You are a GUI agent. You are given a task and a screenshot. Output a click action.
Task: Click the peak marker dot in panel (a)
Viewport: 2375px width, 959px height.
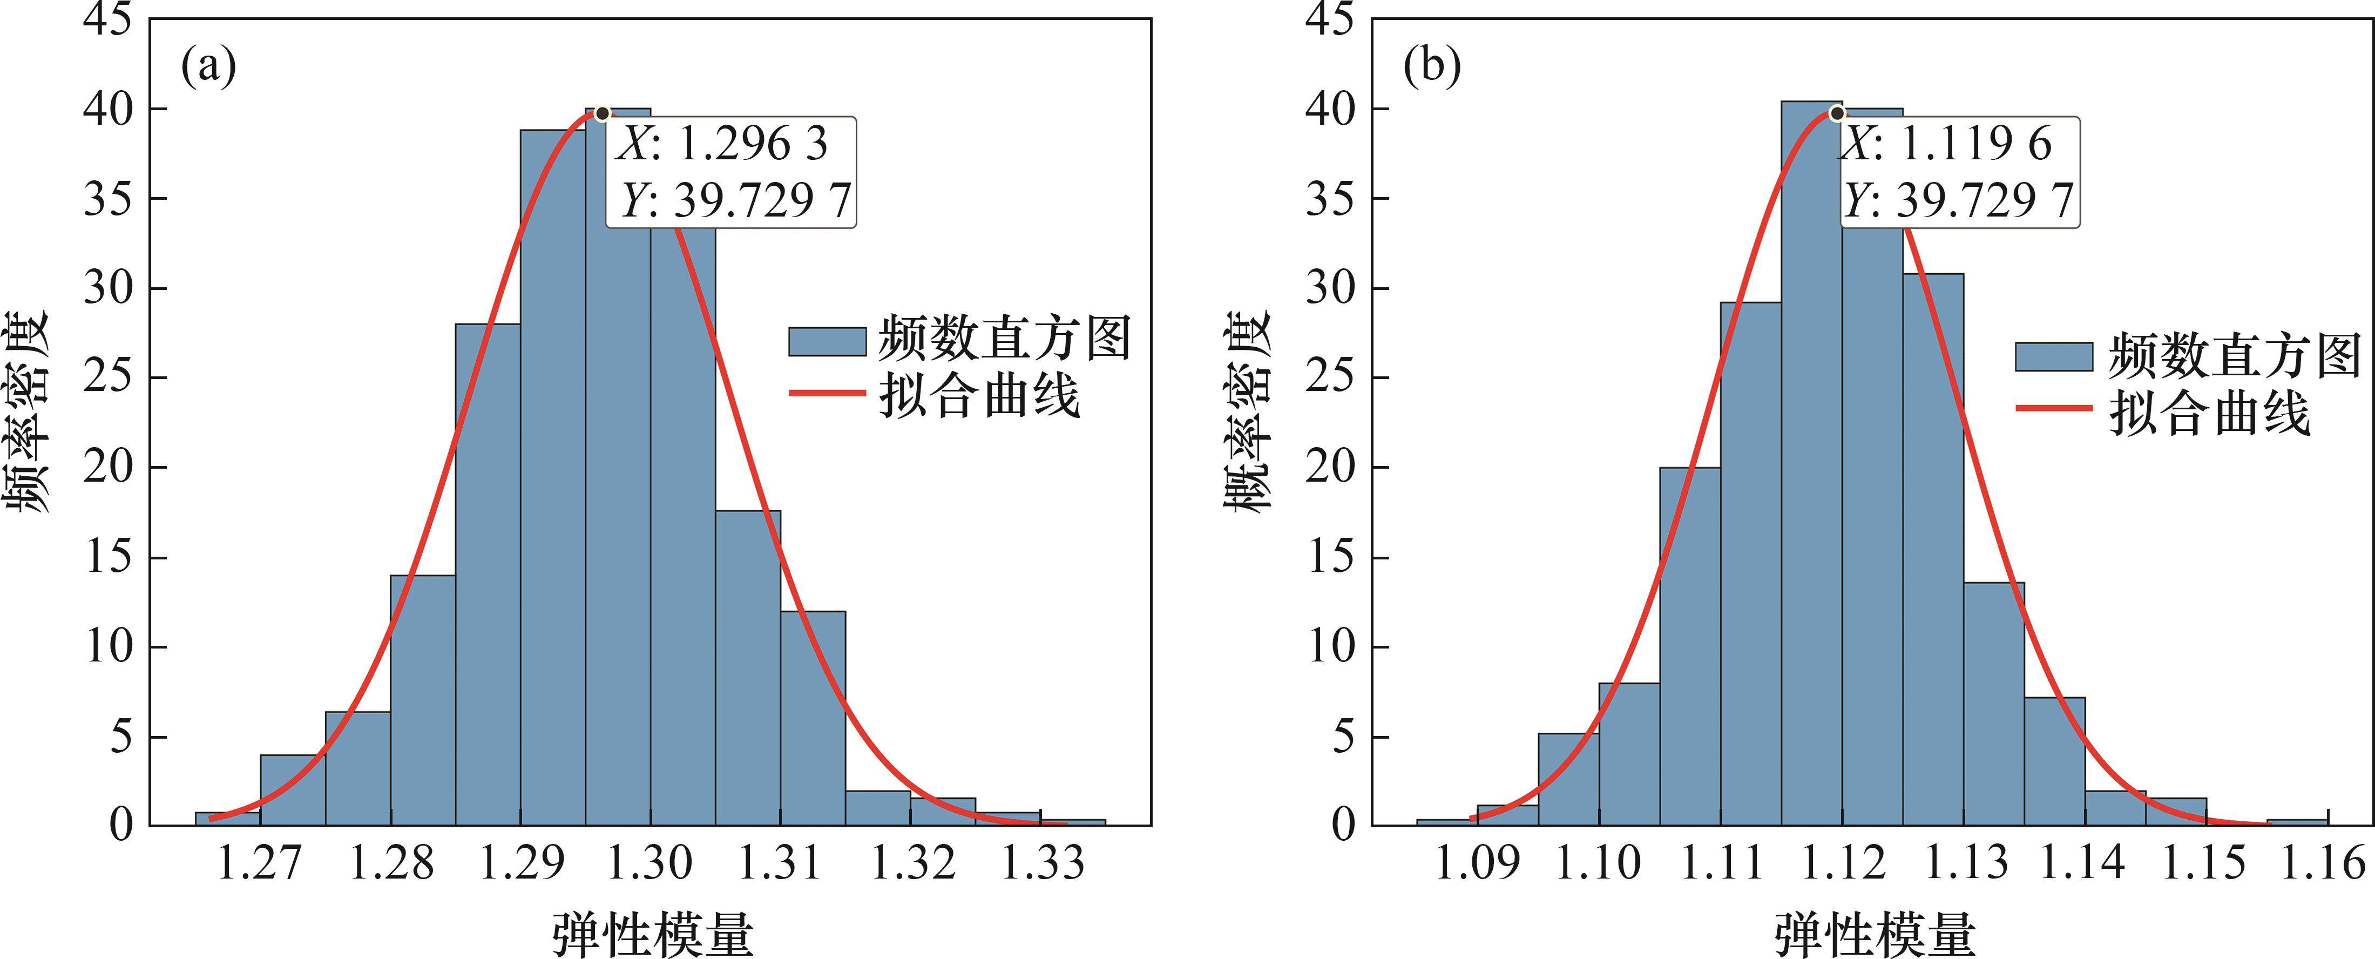[x=602, y=113]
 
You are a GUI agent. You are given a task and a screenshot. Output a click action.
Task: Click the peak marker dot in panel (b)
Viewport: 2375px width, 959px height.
[x=1837, y=113]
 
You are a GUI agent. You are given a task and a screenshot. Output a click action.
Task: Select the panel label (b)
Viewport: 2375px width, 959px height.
[x=1432, y=66]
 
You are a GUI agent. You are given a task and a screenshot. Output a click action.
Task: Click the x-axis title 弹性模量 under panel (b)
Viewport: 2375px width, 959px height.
[x=1875, y=933]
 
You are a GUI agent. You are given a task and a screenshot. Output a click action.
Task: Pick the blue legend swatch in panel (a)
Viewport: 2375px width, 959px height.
[x=827, y=341]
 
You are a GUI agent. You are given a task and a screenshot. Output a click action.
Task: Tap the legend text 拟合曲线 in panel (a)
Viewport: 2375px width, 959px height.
[x=979, y=396]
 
